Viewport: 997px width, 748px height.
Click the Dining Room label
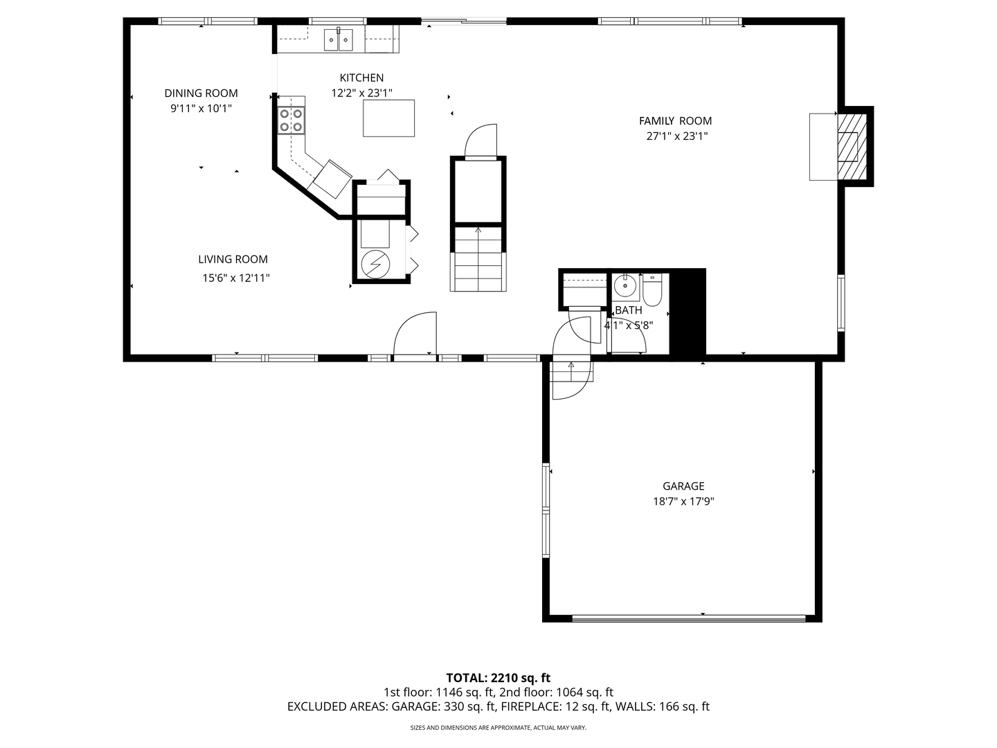(201, 93)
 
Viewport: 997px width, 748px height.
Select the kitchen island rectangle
(389, 118)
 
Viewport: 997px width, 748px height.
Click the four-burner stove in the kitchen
(291, 121)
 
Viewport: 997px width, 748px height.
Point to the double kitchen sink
(339, 40)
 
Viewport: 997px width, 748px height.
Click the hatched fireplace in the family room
(847, 146)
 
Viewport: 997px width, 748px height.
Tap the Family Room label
(675, 121)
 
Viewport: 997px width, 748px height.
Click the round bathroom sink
(625, 284)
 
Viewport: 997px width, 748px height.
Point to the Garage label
(683, 486)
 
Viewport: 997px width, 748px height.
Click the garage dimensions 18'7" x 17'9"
(683, 502)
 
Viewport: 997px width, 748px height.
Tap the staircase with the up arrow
(478, 260)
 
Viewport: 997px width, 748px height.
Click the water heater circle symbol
(375, 263)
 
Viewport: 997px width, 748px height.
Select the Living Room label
(233, 260)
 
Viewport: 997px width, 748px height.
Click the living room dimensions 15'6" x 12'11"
(235, 278)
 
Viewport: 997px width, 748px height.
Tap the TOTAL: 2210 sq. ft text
(498, 677)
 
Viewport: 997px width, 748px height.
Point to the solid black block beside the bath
(688, 313)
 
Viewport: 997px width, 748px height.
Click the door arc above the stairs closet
(480, 141)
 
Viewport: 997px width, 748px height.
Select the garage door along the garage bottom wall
(689, 617)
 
